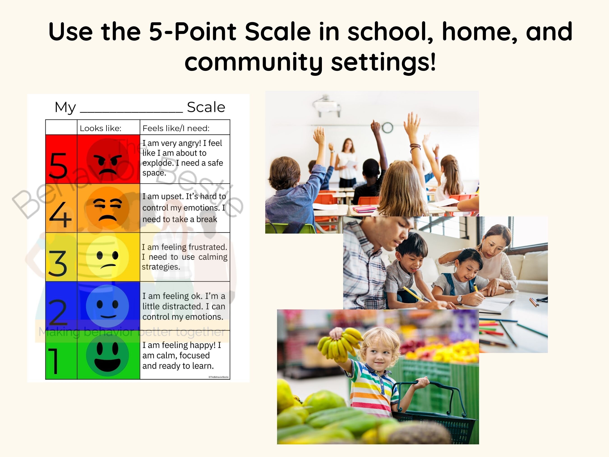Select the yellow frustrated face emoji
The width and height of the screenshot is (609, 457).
[x=108, y=257]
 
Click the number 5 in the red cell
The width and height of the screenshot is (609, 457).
[x=58, y=165]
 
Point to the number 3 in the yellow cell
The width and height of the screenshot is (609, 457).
[x=58, y=263]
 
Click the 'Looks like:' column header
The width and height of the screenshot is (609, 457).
[x=101, y=128]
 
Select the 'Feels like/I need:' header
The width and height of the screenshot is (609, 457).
[x=176, y=128]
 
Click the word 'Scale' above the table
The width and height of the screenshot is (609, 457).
[x=206, y=107]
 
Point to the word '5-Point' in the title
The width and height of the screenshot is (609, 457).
[x=192, y=31]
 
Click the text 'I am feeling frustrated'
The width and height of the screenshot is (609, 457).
[x=185, y=247]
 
